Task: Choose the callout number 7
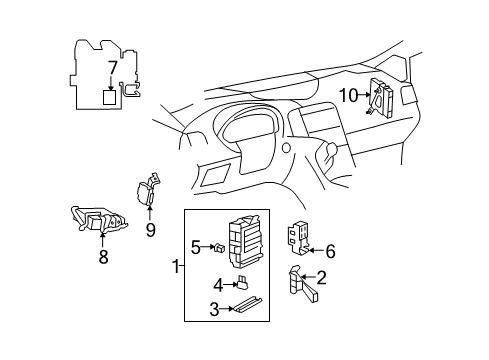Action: pos(112,70)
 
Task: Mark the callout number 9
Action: pos(150,229)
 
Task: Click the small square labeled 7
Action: pos(112,97)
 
